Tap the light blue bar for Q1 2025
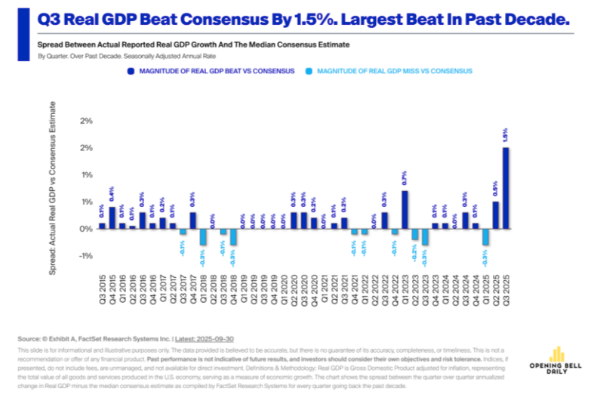pyautogui.click(x=485, y=236)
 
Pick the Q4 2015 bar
pyautogui.click(x=112, y=217)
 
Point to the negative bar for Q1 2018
pyautogui.click(x=203, y=236)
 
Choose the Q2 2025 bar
pyautogui.click(x=495, y=214)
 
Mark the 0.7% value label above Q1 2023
pyautogui.click(x=405, y=180)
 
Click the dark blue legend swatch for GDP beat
pyautogui.click(x=131, y=71)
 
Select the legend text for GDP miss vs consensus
pyautogui.click(x=395, y=71)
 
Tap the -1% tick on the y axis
pyautogui.click(x=86, y=256)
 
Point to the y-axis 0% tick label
pyautogui.click(x=86, y=229)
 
